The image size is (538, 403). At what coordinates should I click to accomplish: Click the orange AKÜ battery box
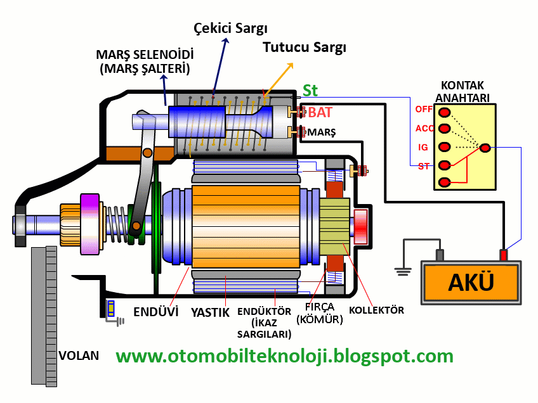(x=471, y=283)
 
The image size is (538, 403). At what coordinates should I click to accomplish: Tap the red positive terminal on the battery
(x=504, y=255)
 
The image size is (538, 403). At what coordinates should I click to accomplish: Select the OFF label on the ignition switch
(x=423, y=109)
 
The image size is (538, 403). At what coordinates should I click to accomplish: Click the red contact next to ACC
(x=445, y=130)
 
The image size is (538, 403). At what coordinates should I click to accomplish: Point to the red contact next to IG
(x=445, y=148)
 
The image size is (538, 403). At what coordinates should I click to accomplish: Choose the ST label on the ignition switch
(x=423, y=166)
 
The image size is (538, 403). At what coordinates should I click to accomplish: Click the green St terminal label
(x=310, y=91)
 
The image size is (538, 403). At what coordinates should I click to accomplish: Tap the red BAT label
(x=320, y=113)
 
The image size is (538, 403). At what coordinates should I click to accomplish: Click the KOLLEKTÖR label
(x=376, y=310)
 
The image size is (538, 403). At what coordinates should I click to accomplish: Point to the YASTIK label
(x=210, y=312)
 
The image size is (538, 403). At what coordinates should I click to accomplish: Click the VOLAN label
(x=79, y=355)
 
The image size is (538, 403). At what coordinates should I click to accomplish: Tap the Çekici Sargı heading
(x=230, y=29)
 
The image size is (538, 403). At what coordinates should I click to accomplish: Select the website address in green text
(x=284, y=355)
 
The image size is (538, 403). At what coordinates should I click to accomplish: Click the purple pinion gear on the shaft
(x=89, y=223)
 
